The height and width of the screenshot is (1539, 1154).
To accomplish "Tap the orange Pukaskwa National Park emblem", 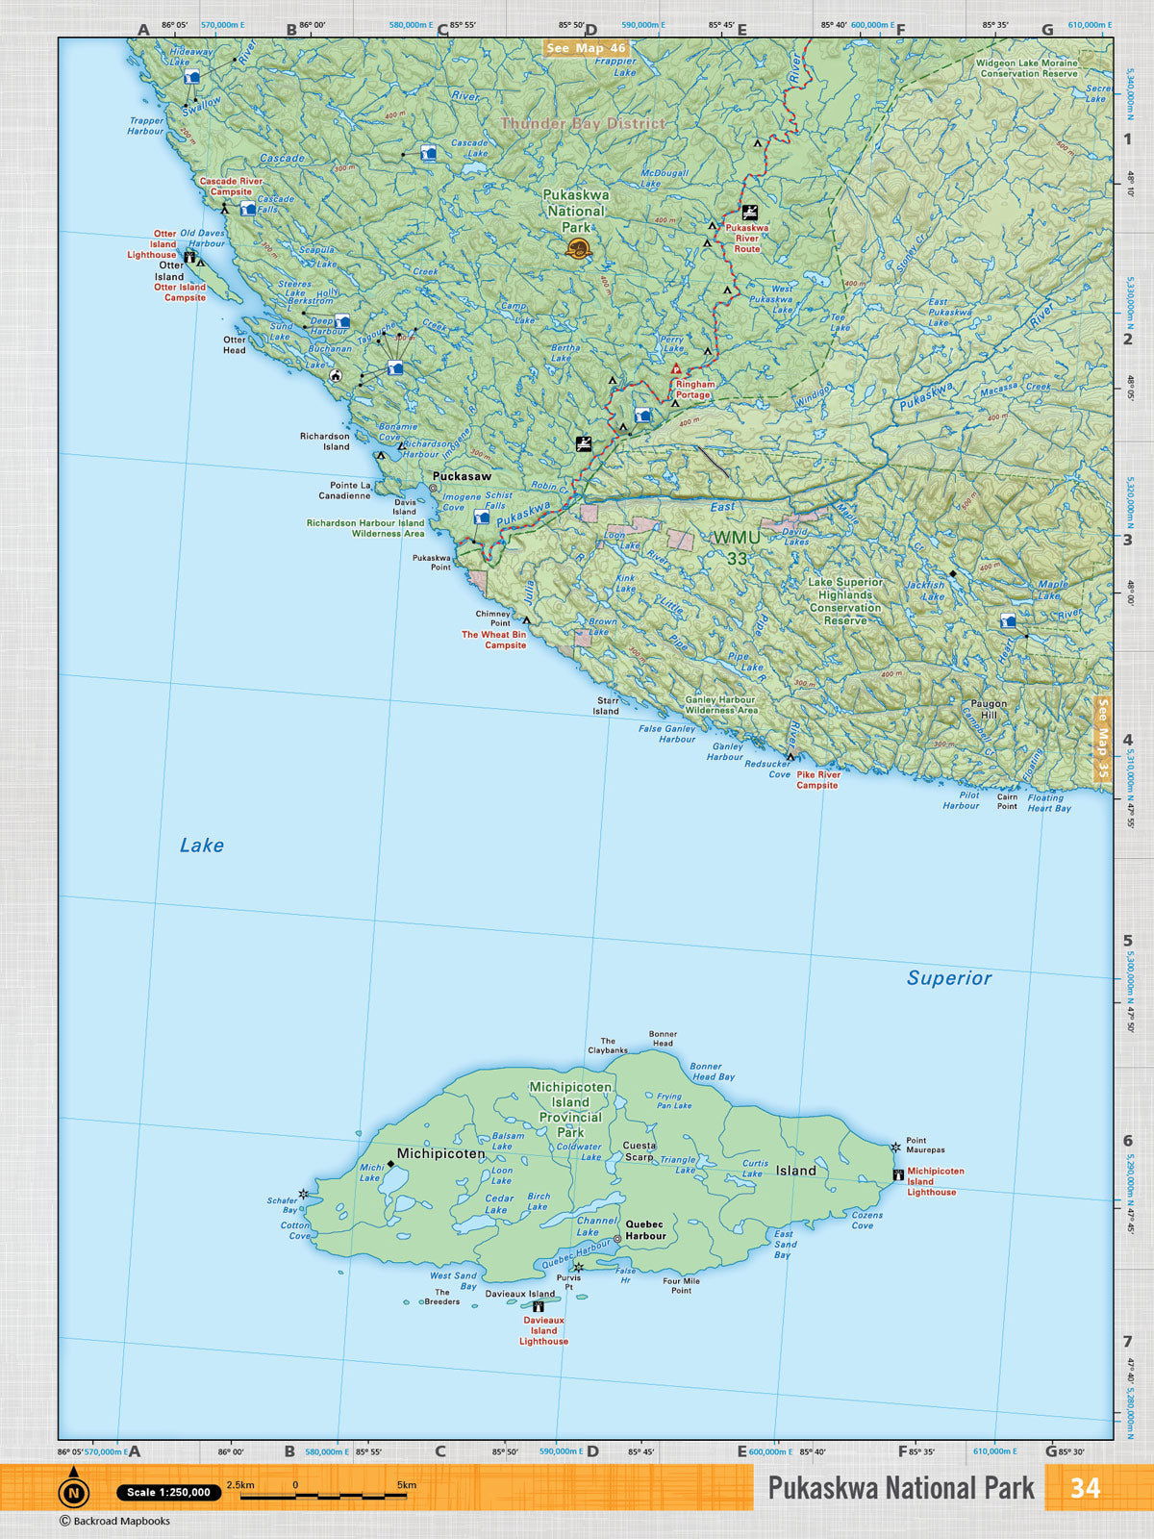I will point(578,250).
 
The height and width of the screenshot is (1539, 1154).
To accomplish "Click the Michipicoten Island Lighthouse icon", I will point(898,1175).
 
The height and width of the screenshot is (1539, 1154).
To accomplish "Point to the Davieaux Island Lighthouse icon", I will point(539,1306).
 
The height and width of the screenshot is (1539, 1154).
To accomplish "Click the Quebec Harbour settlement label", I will point(645,1230).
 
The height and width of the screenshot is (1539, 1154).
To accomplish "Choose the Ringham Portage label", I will point(693,390).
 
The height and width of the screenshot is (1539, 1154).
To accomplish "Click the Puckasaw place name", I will point(462,476).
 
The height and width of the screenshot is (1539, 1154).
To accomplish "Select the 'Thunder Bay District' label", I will point(583,123).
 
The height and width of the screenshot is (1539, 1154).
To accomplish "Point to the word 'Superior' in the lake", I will point(948,978).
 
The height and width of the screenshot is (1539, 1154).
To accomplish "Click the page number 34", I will point(1085,1488).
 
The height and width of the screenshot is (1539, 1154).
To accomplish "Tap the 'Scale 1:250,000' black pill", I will point(168,1493).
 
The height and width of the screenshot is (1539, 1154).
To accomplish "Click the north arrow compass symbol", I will point(73,1490).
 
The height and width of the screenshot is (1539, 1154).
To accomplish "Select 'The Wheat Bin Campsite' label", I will point(494,640).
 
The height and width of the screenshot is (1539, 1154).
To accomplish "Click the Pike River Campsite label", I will point(817,779).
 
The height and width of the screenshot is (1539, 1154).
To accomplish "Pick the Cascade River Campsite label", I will point(231,186).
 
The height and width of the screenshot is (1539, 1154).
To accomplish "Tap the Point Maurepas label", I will point(925,1145).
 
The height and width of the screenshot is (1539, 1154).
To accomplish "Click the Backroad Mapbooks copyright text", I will point(114,1521).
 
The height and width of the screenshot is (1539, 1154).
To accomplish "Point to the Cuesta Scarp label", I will point(640,1151).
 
